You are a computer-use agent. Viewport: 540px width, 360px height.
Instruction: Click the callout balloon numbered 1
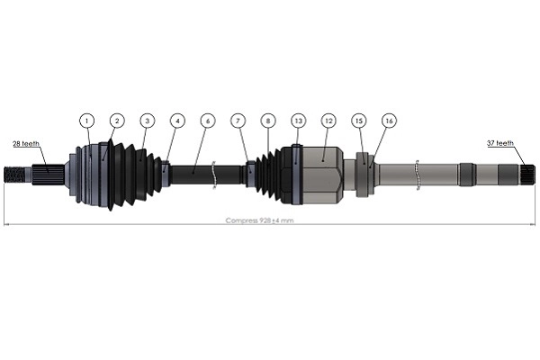pyautogui.click(x=86, y=120)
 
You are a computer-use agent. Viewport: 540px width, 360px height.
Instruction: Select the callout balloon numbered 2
pyautogui.click(x=116, y=120)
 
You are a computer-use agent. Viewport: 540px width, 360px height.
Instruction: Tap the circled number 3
pyautogui.click(x=147, y=120)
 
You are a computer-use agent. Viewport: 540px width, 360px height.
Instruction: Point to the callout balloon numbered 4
pyautogui.click(x=177, y=120)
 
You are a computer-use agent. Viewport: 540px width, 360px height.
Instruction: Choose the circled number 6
pyautogui.click(x=208, y=120)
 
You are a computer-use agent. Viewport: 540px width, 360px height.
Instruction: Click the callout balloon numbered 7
pyautogui.click(x=238, y=120)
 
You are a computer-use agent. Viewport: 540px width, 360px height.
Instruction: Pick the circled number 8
pyautogui.click(x=267, y=120)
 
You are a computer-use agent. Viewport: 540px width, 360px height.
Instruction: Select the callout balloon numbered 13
pyautogui.click(x=298, y=120)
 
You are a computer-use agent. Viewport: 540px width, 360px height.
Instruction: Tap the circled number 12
pyautogui.click(x=328, y=120)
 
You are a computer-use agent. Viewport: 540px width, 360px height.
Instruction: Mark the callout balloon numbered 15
pyautogui.click(x=359, y=120)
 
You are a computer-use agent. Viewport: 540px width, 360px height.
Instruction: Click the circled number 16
pyautogui.click(x=389, y=120)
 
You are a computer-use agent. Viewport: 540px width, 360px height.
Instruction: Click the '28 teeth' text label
pyautogui.click(x=25, y=143)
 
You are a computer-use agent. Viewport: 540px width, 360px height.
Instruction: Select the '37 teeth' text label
pyautogui.click(x=499, y=143)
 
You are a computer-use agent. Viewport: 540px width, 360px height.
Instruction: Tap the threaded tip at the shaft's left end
pyautogui.click(x=16, y=173)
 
